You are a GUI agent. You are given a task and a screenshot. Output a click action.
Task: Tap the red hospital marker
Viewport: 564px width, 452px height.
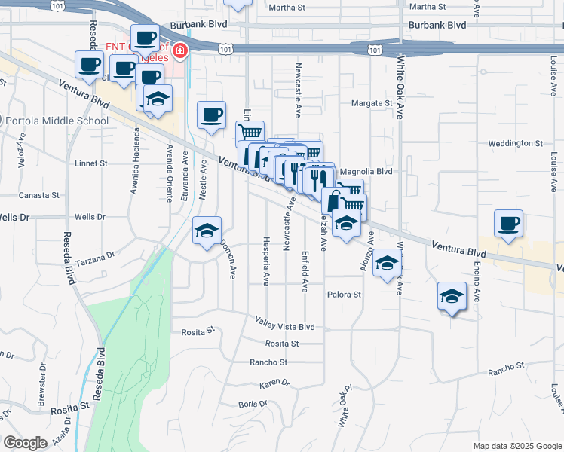point(180,51)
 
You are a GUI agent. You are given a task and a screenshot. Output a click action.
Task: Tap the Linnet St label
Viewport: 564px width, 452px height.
point(91,163)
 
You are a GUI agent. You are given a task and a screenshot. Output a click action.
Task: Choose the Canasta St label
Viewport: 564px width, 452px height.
point(40,195)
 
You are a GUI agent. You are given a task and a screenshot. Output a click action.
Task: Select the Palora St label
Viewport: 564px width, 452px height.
point(344,295)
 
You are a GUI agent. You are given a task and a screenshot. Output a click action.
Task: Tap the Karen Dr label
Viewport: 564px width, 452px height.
point(274,384)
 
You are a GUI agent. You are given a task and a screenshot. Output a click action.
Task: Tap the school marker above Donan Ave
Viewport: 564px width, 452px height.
point(207,230)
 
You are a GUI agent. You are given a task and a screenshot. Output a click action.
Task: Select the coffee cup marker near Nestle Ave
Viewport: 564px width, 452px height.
point(211,115)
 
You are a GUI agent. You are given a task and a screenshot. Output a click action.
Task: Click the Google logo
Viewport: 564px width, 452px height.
point(26,442)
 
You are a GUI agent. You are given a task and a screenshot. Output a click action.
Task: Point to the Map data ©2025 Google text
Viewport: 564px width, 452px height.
point(516,446)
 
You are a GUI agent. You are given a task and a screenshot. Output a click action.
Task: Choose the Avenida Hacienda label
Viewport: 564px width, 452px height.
point(134,167)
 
